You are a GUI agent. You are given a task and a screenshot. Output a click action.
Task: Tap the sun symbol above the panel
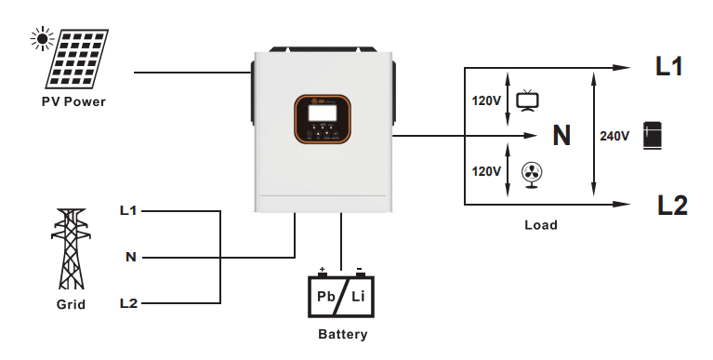tap(41, 38)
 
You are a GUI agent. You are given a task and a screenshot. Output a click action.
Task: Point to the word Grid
tap(71, 304)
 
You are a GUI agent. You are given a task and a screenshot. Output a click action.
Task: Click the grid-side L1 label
tap(128, 210)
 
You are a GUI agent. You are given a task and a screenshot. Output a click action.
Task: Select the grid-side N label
tap(131, 257)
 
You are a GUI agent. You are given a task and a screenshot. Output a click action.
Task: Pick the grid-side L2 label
tap(128, 303)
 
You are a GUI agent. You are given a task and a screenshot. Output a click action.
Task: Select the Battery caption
tap(342, 334)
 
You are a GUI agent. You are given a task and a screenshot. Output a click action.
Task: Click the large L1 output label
tap(668, 67)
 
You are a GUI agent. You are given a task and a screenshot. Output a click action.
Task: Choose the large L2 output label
tap(670, 206)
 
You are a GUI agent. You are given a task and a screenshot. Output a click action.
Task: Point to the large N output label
tap(561, 137)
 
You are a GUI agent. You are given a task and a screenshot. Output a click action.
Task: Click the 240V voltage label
tap(614, 137)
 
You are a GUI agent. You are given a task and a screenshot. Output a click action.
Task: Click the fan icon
tap(532, 173)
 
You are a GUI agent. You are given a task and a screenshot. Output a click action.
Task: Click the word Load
tap(541, 225)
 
